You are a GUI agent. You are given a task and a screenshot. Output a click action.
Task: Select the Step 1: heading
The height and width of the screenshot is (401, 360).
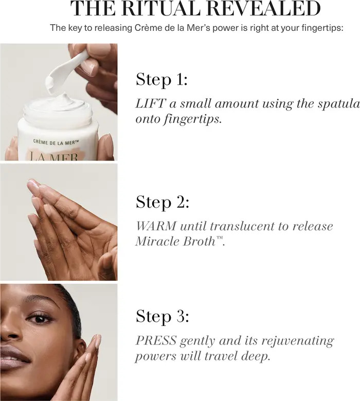161,80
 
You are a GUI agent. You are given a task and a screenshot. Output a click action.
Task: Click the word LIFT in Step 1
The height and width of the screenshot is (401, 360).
150,103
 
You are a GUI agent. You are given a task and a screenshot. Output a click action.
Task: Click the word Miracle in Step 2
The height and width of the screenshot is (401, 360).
157,241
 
